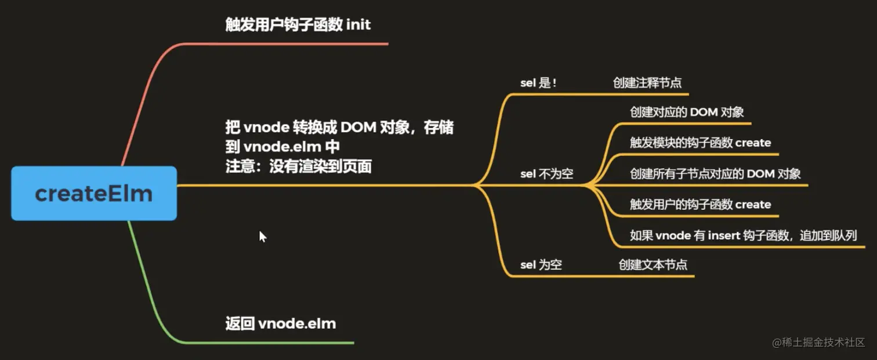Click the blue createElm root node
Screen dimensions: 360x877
[x=93, y=193]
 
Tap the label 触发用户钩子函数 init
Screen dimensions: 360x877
[x=298, y=25]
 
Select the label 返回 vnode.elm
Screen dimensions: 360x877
[x=280, y=323]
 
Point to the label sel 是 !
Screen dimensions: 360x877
[x=538, y=83]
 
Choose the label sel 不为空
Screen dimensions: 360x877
[x=546, y=173]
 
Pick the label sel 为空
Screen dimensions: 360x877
[x=541, y=265]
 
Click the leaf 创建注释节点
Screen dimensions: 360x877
[x=647, y=83]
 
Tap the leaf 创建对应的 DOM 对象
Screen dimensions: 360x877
[x=687, y=112]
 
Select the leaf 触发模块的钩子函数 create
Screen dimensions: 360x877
[x=700, y=143]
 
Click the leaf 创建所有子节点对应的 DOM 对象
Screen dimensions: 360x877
[x=715, y=173]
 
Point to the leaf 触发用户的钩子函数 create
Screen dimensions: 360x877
[x=700, y=204]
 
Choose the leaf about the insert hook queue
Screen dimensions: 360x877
[x=743, y=235]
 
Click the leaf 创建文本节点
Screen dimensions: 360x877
[x=653, y=265]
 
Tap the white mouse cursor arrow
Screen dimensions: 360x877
[x=262, y=236]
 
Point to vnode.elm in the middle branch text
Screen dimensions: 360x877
[x=282, y=147]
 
